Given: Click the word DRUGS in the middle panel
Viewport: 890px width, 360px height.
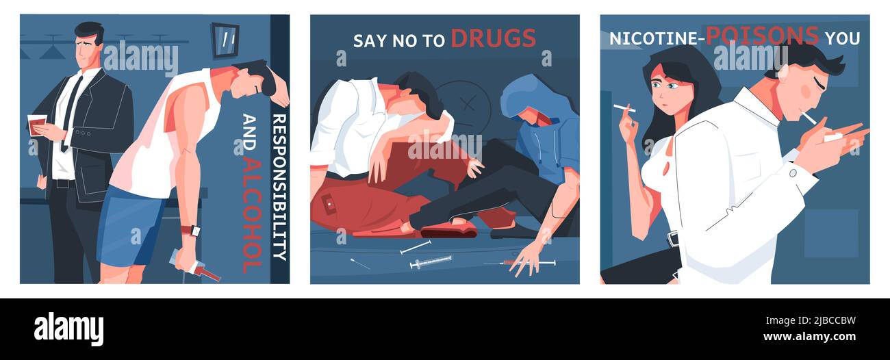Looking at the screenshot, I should [493, 38].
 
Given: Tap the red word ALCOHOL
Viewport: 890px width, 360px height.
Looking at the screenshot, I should [252, 213].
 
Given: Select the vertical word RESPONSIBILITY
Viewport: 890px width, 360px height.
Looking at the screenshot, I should [279, 187].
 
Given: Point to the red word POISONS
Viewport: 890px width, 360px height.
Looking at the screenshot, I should [762, 36].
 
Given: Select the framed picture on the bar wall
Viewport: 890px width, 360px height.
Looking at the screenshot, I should [225, 40].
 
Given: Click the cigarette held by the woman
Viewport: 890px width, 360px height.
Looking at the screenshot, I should [624, 108].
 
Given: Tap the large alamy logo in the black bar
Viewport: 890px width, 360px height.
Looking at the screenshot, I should [68, 329].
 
